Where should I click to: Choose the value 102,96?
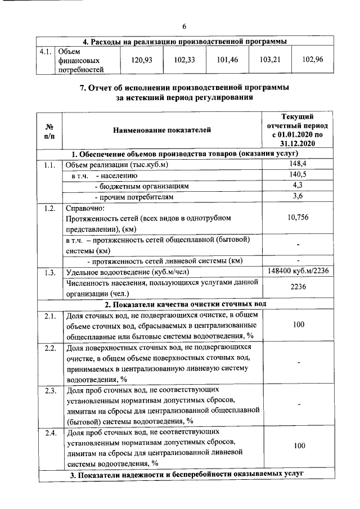point(312,60)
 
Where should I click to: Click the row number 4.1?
point(46,51)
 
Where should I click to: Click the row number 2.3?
point(49,390)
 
